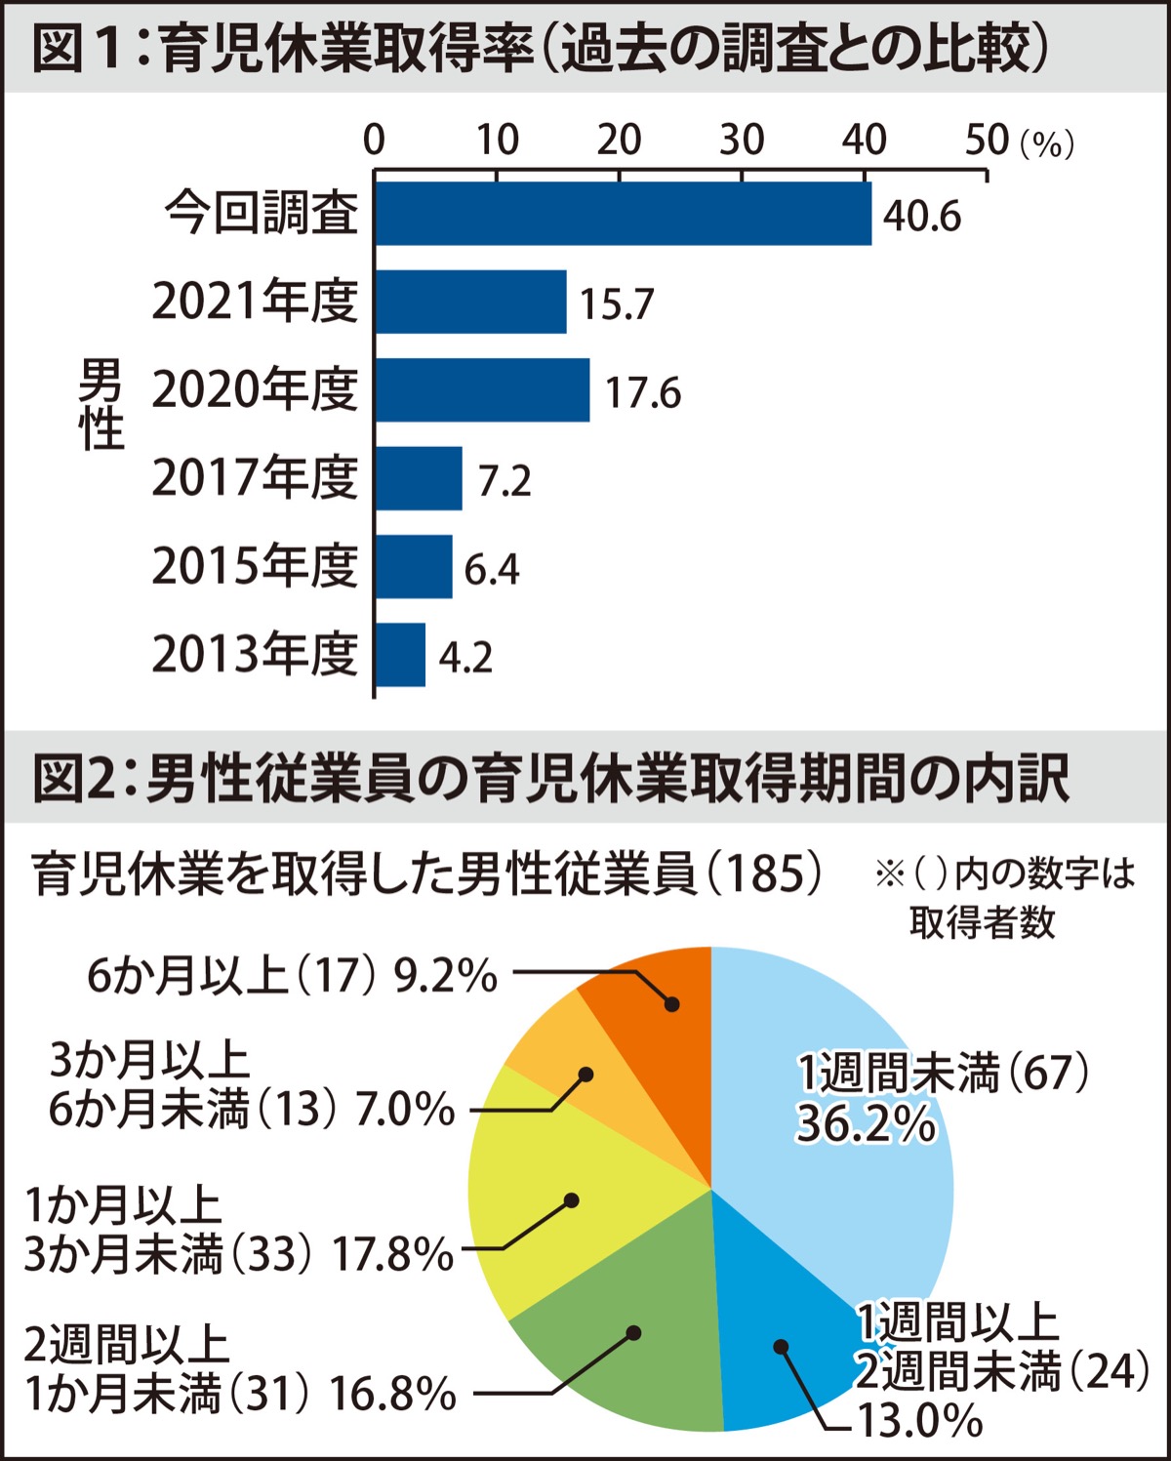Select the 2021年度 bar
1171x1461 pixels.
(x=470, y=302)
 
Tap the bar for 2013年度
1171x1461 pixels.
(x=400, y=655)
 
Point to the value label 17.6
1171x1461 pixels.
(x=642, y=392)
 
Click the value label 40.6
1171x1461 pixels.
(x=921, y=216)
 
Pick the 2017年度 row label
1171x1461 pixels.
(x=255, y=478)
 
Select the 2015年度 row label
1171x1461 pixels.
(x=255, y=566)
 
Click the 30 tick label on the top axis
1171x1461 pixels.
(x=742, y=141)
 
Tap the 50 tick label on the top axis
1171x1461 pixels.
(x=987, y=141)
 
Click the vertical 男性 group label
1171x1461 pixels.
(x=101, y=405)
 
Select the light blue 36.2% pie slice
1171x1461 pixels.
(x=839, y=1152)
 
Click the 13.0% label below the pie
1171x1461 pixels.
(x=919, y=1421)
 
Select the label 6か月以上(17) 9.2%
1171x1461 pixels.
(x=292, y=975)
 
